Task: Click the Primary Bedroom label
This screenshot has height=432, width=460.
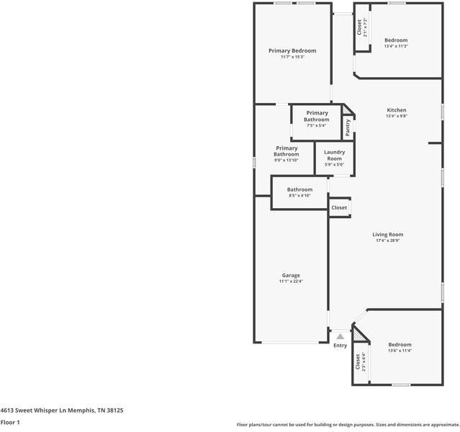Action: tap(292, 50)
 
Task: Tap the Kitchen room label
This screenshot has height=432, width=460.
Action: tap(396, 109)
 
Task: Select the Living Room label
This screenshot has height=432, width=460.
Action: tap(387, 234)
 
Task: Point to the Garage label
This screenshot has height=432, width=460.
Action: tap(291, 275)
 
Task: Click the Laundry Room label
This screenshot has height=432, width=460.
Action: tap(334, 155)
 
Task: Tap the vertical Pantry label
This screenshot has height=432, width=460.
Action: tap(348, 127)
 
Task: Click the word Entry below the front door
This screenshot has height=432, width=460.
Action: tap(340, 346)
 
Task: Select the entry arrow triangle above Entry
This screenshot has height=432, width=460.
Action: tap(340, 336)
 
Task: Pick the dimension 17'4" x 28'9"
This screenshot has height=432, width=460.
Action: tap(387, 241)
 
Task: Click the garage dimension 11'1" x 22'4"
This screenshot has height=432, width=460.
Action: tap(291, 282)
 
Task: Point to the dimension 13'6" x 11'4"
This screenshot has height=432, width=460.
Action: tap(400, 351)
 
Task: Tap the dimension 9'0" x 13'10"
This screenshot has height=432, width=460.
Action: tap(286, 161)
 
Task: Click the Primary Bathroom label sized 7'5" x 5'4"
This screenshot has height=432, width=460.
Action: tap(317, 116)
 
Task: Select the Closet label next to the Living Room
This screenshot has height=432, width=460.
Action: tap(339, 207)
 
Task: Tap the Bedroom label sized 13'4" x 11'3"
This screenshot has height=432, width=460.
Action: tap(396, 40)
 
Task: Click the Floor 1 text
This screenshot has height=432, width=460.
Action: tap(10, 423)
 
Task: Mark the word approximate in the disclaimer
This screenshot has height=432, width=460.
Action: tap(440, 425)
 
